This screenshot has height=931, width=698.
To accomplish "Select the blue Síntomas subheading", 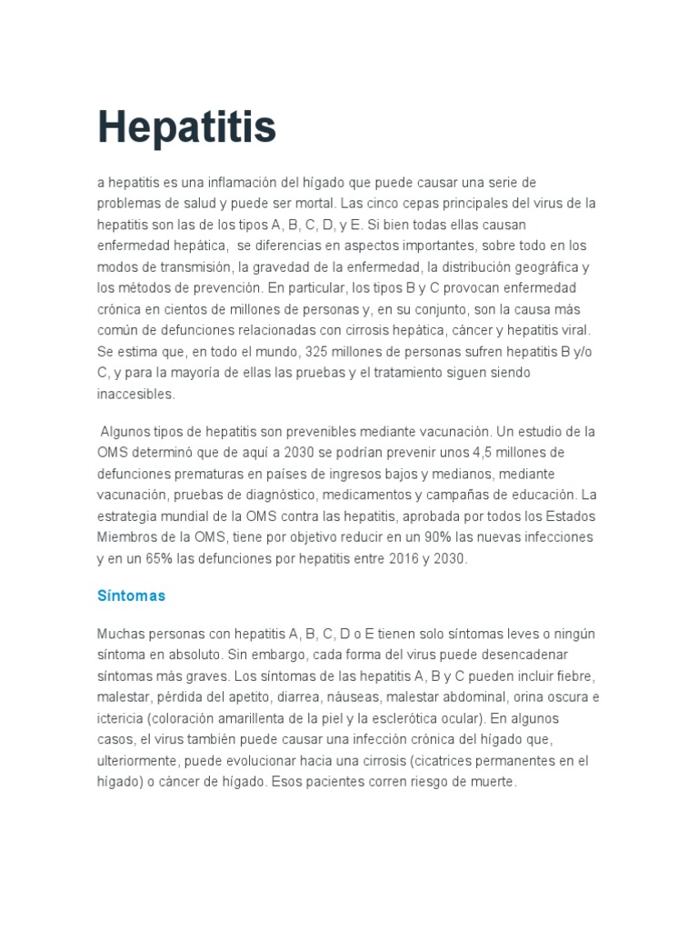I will click(x=131, y=596).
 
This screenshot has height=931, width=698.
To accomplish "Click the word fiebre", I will click(x=575, y=676).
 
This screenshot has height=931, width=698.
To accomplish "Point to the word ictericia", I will click(x=119, y=719).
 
